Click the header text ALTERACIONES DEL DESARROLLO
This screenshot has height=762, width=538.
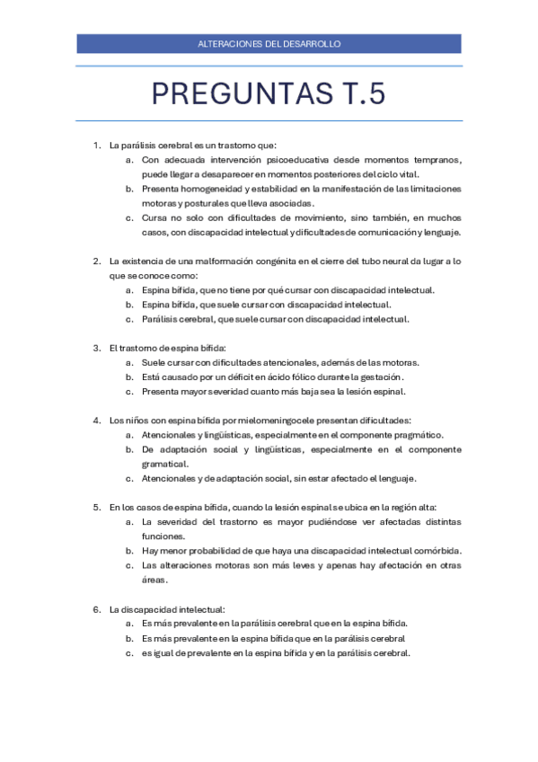(x=269, y=43)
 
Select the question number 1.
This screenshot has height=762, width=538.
(x=96, y=145)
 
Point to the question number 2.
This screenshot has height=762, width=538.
(x=96, y=261)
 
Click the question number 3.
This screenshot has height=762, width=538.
(x=96, y=348)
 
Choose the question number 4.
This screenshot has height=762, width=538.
(x=96, y=420)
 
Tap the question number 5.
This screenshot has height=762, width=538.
(x=96, y=507)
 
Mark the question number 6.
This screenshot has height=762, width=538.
(x=96, y=609)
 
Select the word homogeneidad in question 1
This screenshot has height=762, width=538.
(x=209, y=189)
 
